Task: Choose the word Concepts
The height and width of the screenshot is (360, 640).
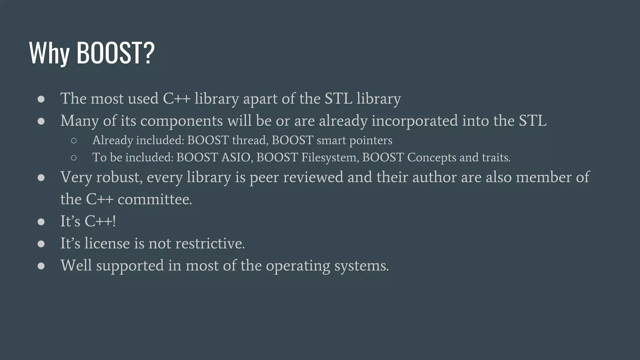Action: (x=432, y=157)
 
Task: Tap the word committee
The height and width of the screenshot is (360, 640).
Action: (x=155, y=199)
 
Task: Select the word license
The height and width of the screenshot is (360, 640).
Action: (x=107, y=243)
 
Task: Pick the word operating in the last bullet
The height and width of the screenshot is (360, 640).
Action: (x=298, y=266)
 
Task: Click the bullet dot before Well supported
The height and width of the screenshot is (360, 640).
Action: (x=41, y=266)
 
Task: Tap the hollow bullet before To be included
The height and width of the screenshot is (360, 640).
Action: (x=74, y=158)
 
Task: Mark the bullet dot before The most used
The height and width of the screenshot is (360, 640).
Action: (x=41, y=99)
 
